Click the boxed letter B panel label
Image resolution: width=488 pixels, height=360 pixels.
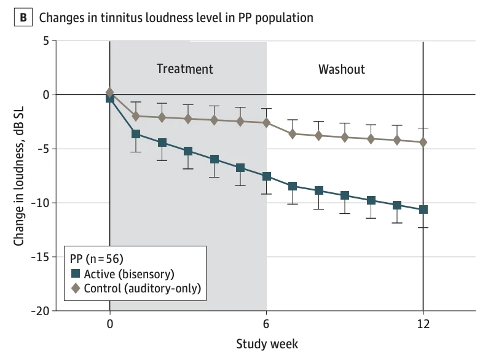23,17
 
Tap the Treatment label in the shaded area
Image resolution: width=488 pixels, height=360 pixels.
184,69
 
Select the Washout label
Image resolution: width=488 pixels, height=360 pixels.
341,69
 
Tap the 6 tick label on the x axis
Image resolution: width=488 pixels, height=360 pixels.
267,325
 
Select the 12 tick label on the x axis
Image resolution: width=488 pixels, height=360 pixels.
423,325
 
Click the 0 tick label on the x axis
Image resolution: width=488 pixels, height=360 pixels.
110,325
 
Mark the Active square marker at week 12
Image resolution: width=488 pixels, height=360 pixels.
423,209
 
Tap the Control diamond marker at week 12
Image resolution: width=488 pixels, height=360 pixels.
423,142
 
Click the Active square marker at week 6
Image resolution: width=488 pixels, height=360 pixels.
267,176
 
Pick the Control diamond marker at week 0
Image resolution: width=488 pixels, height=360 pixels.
110,92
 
